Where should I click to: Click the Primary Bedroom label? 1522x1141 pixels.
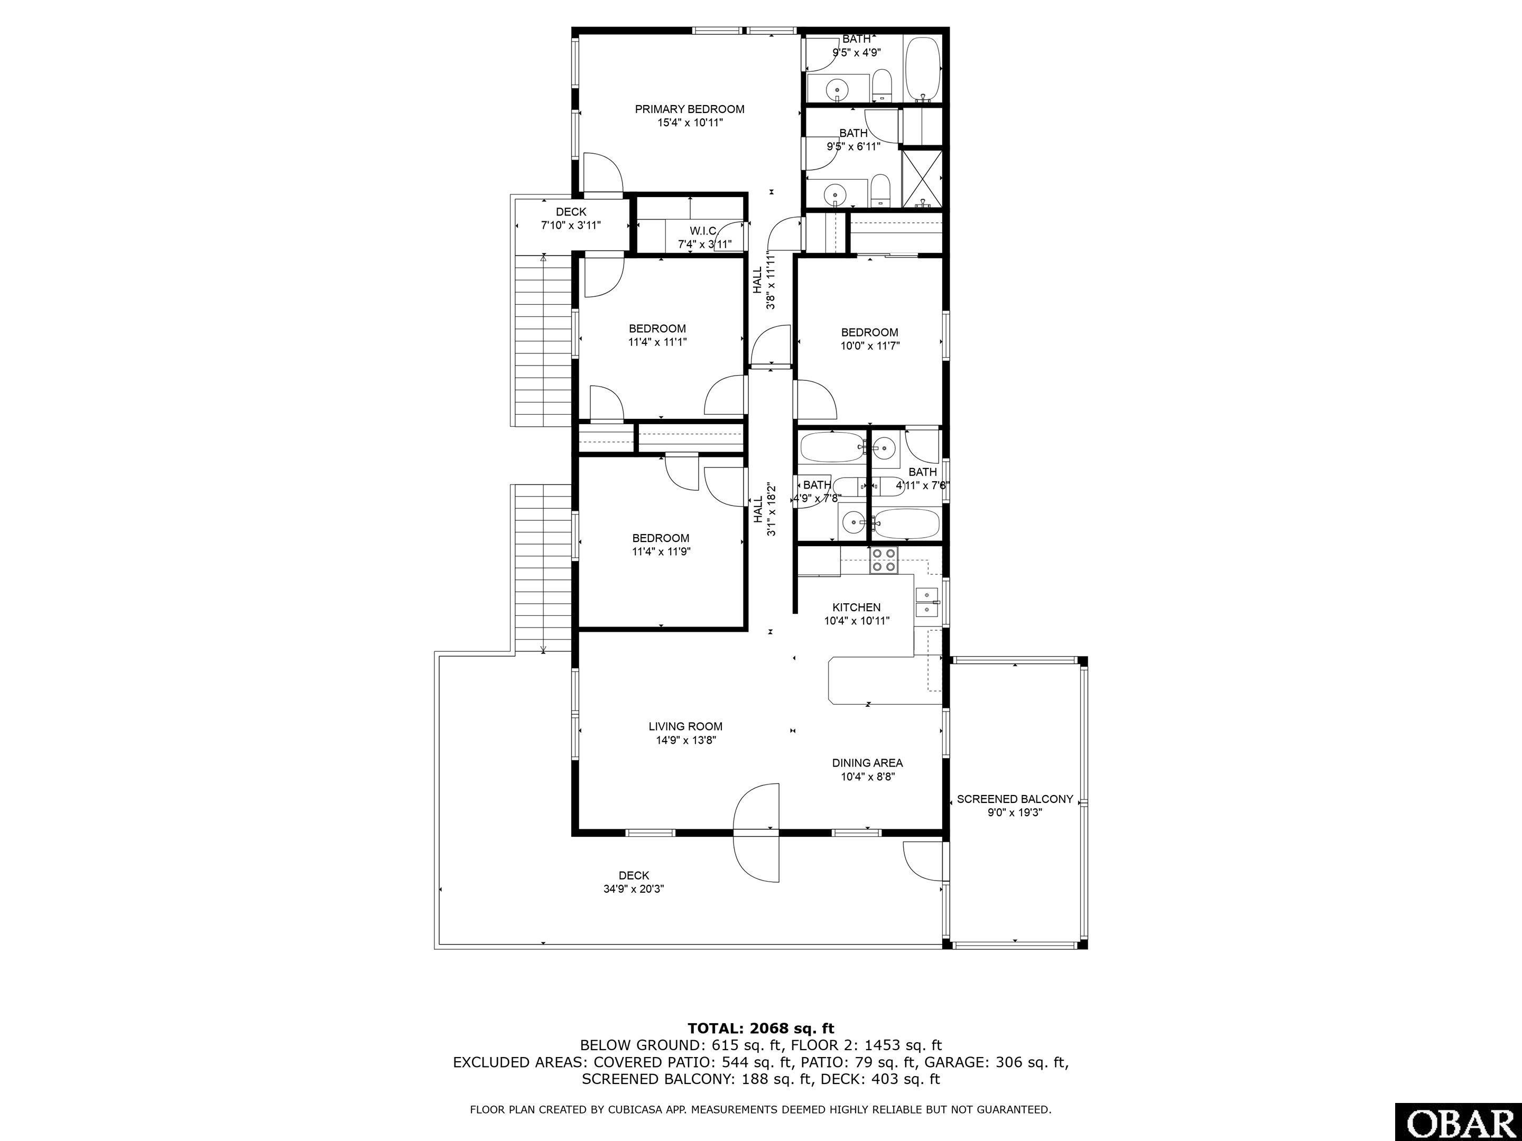pyautogui.click(x=690, y=109)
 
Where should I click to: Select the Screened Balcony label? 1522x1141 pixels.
pyautogui.click(x=1015, y=799)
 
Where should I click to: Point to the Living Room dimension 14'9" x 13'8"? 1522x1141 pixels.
pyautogui.click(x=685, y=741)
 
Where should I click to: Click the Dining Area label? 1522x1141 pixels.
pyautogui.click(x=867, y=763)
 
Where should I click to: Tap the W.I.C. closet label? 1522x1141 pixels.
pyautogui.click(x=703, y=230)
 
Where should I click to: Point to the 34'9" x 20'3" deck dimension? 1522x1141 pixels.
pyautogui.click(x=633, y=889)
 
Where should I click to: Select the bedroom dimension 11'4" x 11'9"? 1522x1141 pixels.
pyautogui.click(x=661, y=551)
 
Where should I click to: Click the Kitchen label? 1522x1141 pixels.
pyautogui.click(x=857, y=607)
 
